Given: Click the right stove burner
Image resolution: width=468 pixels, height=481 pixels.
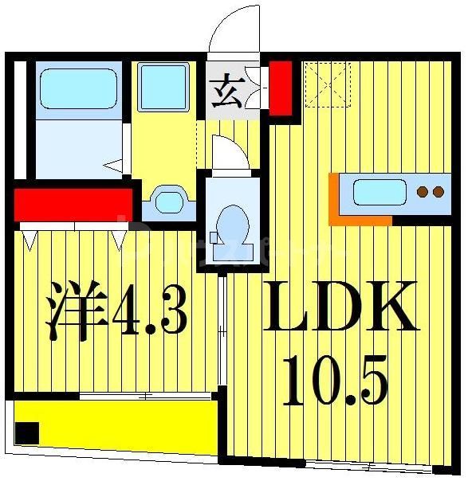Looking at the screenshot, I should (x=437, y=192).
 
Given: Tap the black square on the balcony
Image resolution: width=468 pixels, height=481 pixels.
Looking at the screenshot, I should (x=28, y=433).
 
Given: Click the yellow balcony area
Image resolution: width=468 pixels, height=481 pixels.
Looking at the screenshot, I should (x=120, y=422).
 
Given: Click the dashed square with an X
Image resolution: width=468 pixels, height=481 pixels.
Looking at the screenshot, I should (x=327, y=84).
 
